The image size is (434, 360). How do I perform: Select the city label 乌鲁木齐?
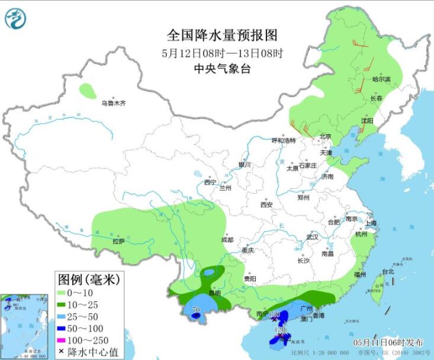coord(113,103)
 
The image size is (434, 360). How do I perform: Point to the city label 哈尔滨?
coord(381,79)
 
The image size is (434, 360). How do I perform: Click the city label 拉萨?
coord(119,241)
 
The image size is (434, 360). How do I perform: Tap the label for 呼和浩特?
coord(283,140)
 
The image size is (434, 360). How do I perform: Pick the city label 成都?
coord(227,240)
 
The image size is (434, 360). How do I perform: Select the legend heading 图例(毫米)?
coord(88,278)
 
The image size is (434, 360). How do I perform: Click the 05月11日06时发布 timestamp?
coord(388,343)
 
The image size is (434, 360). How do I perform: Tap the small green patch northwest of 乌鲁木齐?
coord(88,91)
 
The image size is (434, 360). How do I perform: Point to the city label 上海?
coord(371,223)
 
